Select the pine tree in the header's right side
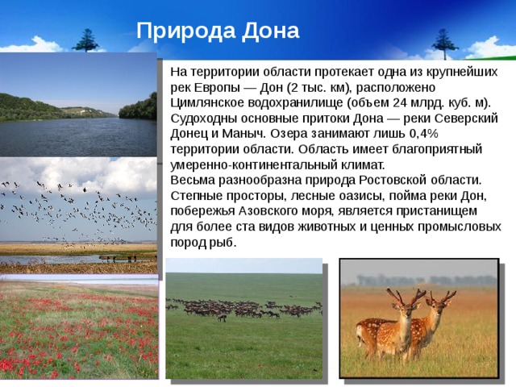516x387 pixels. [x=441, y=42]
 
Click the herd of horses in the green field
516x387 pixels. [x=242, y=308]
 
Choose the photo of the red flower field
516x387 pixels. [x=78, y=331]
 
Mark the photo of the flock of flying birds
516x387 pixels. [x=78, y=214]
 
